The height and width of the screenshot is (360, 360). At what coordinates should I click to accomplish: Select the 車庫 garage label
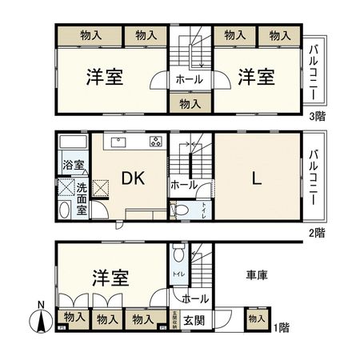click(256, 275)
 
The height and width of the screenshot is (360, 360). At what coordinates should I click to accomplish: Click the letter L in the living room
click(256, 180)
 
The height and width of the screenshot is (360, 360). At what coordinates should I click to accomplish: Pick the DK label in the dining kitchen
click(133, 179)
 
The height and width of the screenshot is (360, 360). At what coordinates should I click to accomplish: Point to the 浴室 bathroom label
click(70, 167)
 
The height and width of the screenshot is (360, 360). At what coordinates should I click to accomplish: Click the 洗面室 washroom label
click(82, 198)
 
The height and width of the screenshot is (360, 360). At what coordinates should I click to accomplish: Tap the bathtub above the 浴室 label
click(73, 145)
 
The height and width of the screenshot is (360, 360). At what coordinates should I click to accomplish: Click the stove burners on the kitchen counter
click(154, 142)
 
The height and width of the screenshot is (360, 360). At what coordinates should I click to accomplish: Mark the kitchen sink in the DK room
click(118, 142)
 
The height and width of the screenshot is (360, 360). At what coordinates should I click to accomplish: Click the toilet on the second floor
click(182, 210)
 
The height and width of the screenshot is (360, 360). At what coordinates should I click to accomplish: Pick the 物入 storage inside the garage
click(256, 318)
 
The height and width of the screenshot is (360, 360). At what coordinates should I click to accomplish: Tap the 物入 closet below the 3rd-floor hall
click(190, 103)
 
